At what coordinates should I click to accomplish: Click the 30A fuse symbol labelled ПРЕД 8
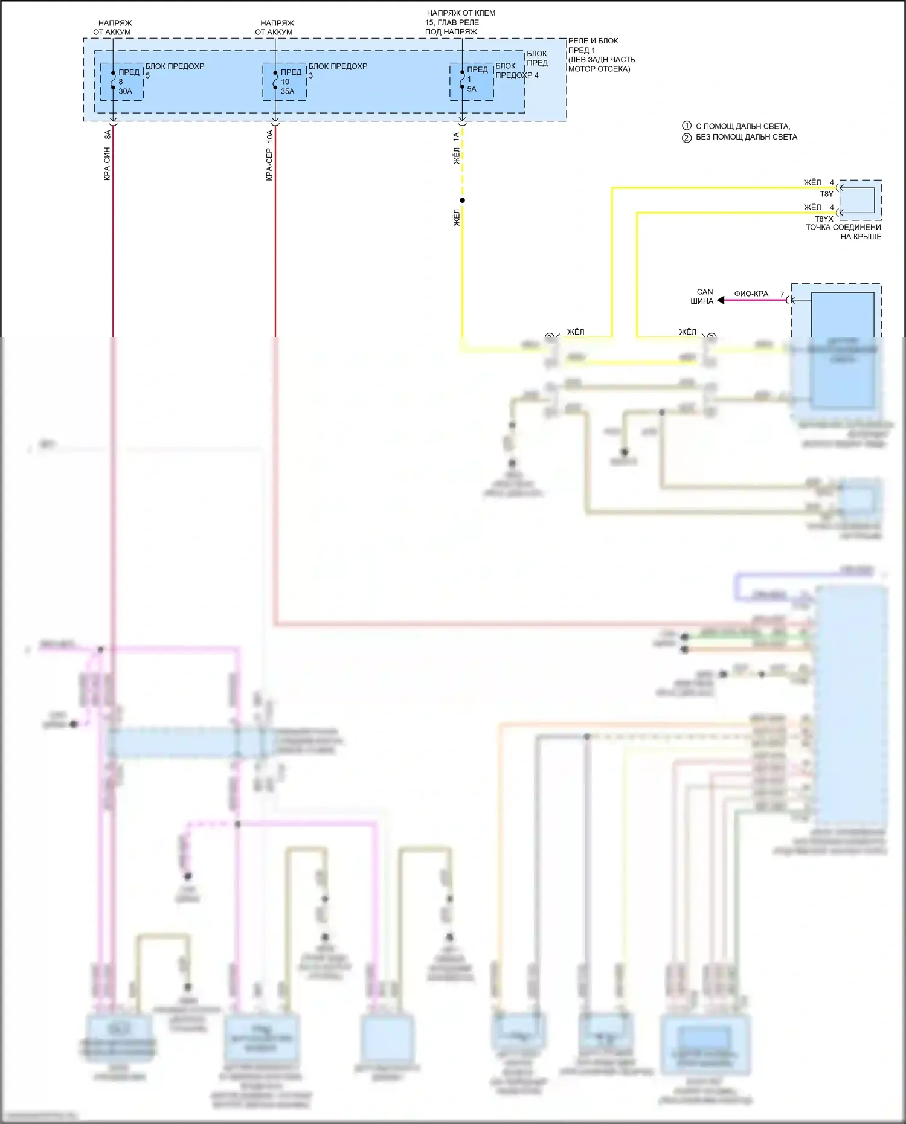pos(113,80)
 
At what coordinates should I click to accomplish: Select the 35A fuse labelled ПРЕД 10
pos(275,80)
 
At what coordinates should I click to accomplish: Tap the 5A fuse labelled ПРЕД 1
pos(462,80)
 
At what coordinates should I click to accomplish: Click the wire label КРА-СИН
pos(107,163)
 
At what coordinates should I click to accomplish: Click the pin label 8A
pos(107,135)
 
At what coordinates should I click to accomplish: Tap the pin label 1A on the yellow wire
pos(456,136)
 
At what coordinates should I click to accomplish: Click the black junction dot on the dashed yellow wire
pos(462,201)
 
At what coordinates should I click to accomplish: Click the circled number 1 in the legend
pos(687,126)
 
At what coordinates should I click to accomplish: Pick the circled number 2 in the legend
pos(687,137)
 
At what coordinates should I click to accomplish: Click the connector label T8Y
pos(826,194)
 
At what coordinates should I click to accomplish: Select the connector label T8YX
pos(824,219)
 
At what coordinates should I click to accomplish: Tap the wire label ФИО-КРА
pos(751,294)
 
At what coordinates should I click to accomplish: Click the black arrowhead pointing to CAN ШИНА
pos(721,300)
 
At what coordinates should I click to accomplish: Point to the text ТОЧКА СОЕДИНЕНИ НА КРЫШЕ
pos(843,232)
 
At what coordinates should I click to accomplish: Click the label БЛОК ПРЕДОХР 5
pos(175,70)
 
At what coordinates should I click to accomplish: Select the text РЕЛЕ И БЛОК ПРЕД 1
pos(593,45)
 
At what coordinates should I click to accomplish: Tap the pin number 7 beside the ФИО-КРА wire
pos(782,294)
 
